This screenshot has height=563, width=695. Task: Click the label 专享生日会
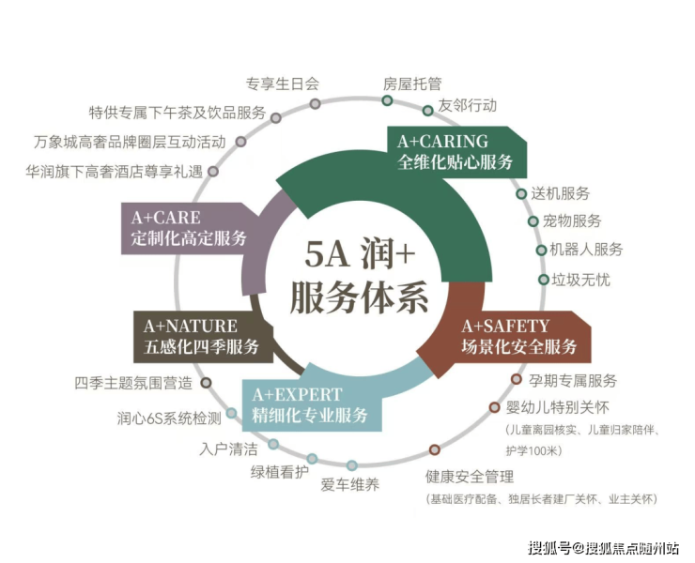(283, 83)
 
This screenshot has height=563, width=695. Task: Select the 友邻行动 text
(467, 105)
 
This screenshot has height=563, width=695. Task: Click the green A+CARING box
(456, 151)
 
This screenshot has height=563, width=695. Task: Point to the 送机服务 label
(561, 193)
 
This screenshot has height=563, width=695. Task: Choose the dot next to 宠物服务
(534, 222)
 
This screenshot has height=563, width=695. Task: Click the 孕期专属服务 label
(570, 380)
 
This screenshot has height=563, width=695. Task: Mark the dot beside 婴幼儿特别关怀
(495, 408)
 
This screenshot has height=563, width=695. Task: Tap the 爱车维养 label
(350, 485)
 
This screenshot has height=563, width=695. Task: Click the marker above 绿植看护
(312, 459)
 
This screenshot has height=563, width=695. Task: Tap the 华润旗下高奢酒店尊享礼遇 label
(116, 172)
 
